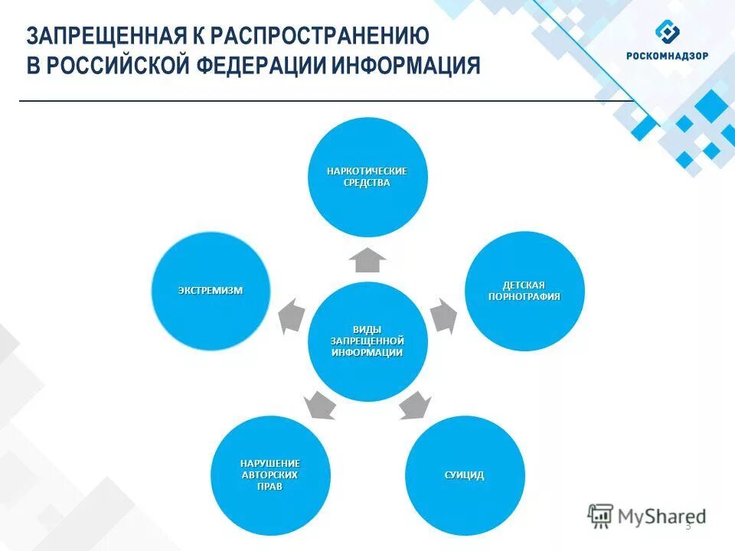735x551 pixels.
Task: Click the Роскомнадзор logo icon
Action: coord(667,34)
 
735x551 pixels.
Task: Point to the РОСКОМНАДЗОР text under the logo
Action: coord(667,56)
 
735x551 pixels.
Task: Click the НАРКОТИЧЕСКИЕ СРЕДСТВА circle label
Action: coord(367,177)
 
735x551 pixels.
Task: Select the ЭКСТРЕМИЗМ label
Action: coord(211,291)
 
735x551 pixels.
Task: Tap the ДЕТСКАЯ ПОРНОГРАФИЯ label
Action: coord(524,291)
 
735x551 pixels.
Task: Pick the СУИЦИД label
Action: coord(464,475)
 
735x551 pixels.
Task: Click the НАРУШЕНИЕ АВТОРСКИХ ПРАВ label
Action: coord(270,475)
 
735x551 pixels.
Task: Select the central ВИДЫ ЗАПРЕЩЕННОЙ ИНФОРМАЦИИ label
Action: coord(367,340)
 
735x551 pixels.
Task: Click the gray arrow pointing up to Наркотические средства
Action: coord(367,260)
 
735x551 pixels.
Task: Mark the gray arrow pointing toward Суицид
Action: coord(414,405)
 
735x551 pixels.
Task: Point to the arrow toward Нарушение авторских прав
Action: coord(318,405)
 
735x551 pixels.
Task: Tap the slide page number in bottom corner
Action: coord(688,526)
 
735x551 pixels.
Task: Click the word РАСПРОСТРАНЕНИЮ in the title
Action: coord(321,36)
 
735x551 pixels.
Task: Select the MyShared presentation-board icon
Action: coord(600,517)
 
